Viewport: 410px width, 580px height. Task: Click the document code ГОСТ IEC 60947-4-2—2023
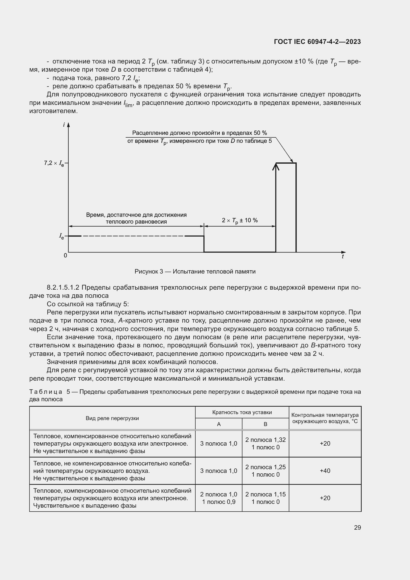pyautogui.click(x=317, y=42)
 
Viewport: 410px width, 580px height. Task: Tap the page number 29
pyautogui.click(x=357, y=527)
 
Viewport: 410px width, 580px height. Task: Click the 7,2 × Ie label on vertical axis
pyautogui.click(x=54, y=163)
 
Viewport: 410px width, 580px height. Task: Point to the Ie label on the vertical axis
pyautogui.click(x=61, y=236)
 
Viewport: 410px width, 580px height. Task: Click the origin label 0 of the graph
pyautogui.click(x=65, y=255)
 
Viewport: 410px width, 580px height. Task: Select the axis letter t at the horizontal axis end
pyautogui.click(x=343, y=256)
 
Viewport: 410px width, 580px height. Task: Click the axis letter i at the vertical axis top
pyautogui.click(x=64, y=125)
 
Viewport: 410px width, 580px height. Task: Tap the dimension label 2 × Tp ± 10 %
pyautogui.click(x=240, y=220)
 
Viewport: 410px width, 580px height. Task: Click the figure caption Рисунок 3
pyautogui.click(x=195, y=272)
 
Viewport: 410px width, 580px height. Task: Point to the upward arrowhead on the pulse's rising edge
pyautogui.click(x=276, y=166)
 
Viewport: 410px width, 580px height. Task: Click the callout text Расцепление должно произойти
pyautogui.click(x=200, y=133)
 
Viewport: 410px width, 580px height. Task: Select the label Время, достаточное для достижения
pyautogui.click(x=136, y=215)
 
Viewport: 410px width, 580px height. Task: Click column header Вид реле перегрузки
pyautogui.click(x=112, y=418)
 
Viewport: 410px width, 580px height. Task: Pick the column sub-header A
pyautogui.click(x=219, y=424)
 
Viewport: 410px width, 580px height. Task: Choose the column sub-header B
pyautogui.click(x=265, y=424)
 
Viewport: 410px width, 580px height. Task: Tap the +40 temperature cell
pyautogui.click(x=325, y=471)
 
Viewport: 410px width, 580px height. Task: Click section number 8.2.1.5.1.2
pyautogui.click(x=63, y=287)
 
